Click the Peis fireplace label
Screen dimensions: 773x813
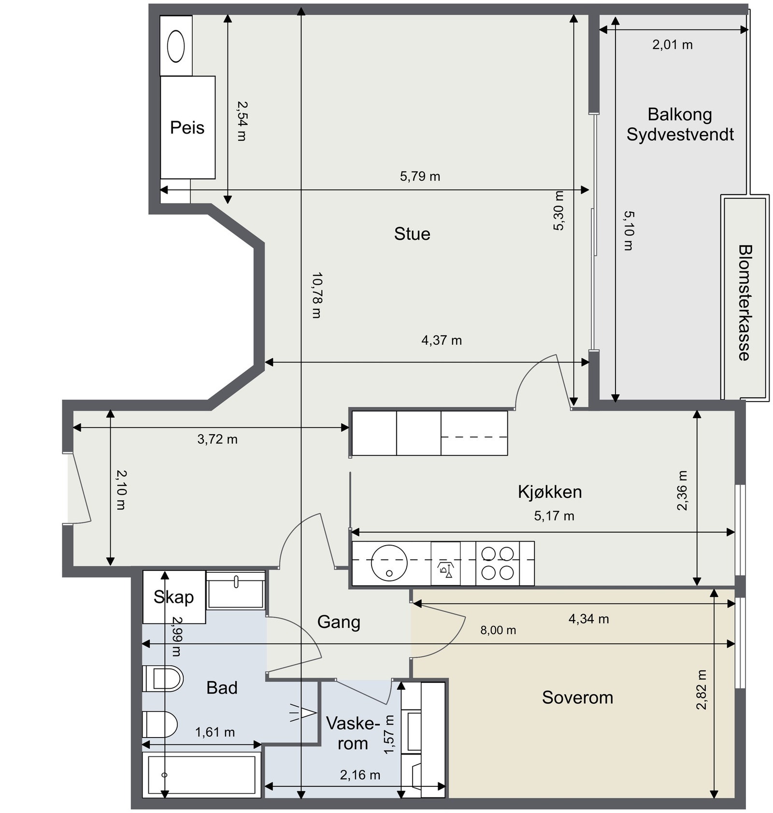187,128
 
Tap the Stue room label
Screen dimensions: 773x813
412,234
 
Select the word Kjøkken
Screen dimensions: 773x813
550,492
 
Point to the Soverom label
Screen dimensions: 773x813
577,697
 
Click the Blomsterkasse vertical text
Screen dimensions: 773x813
744,303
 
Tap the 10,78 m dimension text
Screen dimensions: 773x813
317,295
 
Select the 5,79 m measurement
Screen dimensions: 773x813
420,176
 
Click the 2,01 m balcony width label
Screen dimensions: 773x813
673,45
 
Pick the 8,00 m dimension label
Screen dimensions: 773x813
498,630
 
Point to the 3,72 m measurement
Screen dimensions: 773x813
217,439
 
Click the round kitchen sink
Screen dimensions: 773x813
389,563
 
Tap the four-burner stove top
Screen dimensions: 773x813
498,563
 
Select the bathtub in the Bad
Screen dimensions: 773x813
202,774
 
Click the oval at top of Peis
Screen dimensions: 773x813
176,46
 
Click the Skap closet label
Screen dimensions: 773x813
173,597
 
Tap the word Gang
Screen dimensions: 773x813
339,622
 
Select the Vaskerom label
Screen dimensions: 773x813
353,733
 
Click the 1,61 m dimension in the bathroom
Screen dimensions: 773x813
215,733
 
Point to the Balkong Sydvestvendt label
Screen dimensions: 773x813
680,124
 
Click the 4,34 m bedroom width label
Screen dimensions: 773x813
588,619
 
